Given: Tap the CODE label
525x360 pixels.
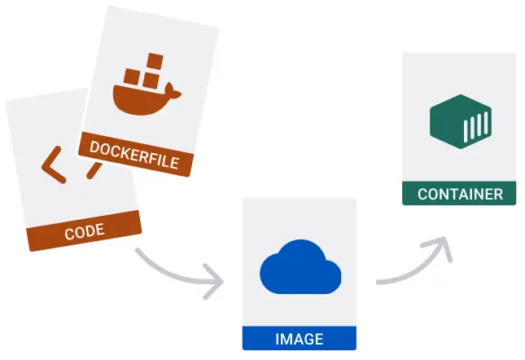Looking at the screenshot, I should [84, 231].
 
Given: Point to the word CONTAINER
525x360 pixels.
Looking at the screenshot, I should [460, 195].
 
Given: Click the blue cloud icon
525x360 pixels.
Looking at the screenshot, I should [299, 269].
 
